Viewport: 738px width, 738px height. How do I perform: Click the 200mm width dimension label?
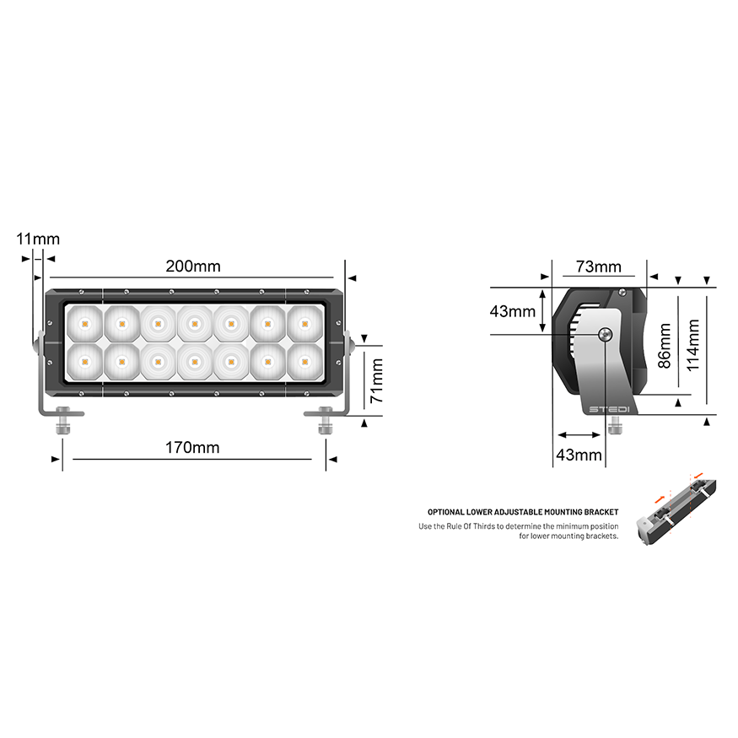click(192, 267)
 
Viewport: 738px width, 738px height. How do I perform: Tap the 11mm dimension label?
click(38, 239)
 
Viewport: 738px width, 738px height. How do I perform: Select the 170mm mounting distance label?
click(192, 447)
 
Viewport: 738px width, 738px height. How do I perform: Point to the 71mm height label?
click(377, 381)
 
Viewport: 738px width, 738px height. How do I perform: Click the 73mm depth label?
click(598, 267)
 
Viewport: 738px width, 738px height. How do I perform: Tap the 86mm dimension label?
click(665, 345)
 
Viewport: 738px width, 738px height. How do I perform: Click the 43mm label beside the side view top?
click(512, 311)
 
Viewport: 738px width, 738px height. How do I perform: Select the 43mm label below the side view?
click(579, 455)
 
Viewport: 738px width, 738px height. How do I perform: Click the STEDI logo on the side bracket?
click(609, 409)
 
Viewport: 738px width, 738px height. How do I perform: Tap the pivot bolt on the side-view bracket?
click(605, 335)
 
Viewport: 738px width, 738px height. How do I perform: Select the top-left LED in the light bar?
click(84, 322)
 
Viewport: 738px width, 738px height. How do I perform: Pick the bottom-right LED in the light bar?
click(304, 361)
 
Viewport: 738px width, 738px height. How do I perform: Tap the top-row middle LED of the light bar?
click(194, 322)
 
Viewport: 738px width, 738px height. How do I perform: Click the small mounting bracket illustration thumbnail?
click(680, 510)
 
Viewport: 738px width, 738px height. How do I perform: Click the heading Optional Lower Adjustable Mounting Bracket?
click(523, 512)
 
